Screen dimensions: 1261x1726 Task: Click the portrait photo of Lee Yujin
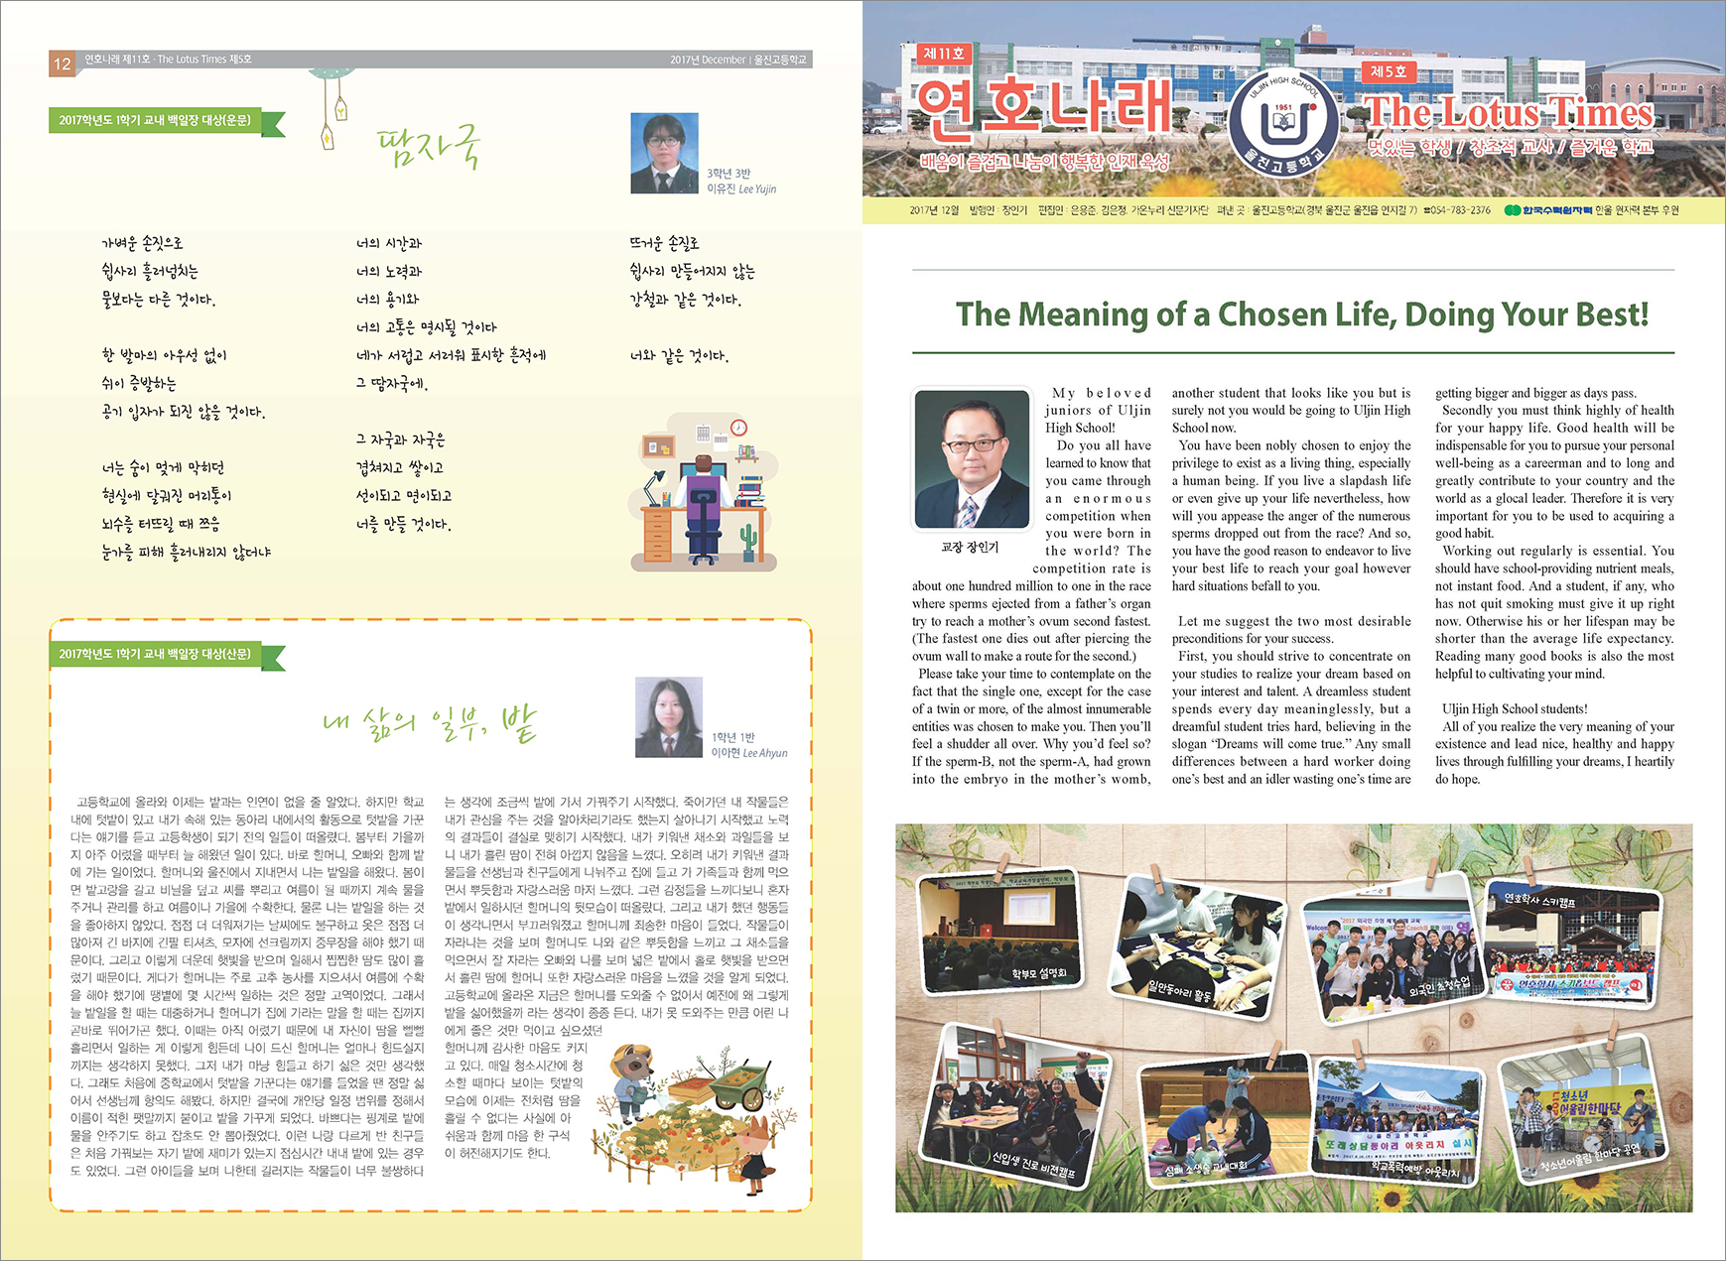coord(664,153)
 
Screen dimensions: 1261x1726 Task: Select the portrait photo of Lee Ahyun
coord(669,717)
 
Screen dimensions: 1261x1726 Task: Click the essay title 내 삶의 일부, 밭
coord(430,723)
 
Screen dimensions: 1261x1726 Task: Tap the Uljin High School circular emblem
coord(1283,123)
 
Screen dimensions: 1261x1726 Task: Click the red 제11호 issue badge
coord(943,54)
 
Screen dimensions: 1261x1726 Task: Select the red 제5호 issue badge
coord(1388,71)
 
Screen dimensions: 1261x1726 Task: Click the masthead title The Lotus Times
coord(1508,112)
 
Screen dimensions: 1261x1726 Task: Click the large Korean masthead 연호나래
coord(1041,106)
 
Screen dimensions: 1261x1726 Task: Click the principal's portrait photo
coord(972,458)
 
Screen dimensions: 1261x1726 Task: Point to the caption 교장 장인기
coord(970,547)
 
